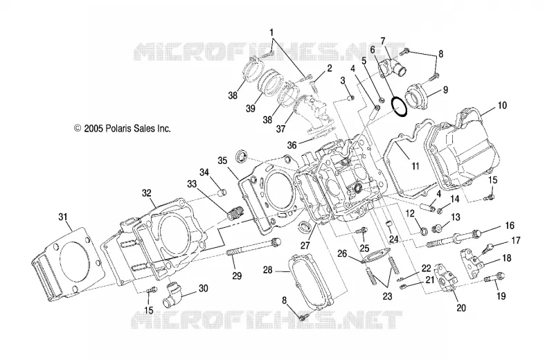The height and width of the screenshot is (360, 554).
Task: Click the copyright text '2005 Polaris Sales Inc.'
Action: pyautogui.click(x=127, y=129)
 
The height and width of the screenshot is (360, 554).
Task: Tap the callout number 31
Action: pyautogui.click(x=63, y=217)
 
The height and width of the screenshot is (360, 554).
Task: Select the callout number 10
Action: pyautogui.click(x=502, y=105)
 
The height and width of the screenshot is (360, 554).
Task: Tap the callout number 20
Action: pyautogui.click(x=461, y=308)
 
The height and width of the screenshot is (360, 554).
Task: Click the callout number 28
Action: pyautogui.click(x=268, y=271)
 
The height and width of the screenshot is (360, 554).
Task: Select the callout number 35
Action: pyautogui.click(x=222, y=161)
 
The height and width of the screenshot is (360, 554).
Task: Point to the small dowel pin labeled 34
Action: pyautogui.click(x=221, y=193)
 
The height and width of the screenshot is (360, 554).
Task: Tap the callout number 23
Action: pyautogui.click(x=388, y=296)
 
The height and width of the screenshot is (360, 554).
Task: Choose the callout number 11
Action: pyautogui.click(x=415, y=166)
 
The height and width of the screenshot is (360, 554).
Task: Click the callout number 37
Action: pyautogui.click(x=280, y=129)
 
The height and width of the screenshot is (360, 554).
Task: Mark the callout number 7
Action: pyautogui.click(x=383, y=41)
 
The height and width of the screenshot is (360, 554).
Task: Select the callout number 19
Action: pyautogui.click(x=501, y=296)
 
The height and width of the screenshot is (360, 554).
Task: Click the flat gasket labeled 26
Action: pyautogui.click(x=376, y=255)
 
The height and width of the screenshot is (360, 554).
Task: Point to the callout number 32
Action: pyautogui.click(x=147, y=193)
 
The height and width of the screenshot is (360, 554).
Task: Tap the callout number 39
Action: pyautogui.click(x=251, y=108)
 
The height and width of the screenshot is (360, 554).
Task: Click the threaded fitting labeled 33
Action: pyautogui.click(x=234, y=213)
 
